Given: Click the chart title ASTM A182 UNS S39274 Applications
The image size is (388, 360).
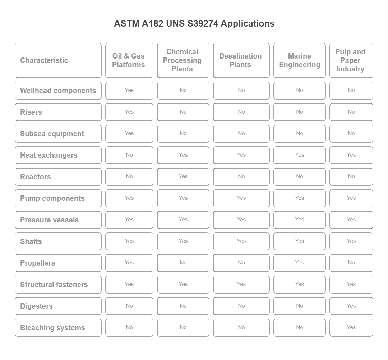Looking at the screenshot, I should coord(194,24).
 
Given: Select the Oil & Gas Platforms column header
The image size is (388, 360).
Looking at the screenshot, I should coord(129,60).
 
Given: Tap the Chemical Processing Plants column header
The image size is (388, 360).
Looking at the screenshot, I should coord(183,60).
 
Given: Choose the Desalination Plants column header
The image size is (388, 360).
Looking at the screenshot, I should coord(241,60).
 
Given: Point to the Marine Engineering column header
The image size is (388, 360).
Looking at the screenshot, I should coord(299,60).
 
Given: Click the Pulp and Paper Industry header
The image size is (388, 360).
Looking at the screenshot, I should coord(351,60).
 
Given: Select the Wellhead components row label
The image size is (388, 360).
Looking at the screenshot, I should coord(58,91).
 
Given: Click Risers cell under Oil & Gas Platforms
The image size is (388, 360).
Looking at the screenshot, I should coord(129,112).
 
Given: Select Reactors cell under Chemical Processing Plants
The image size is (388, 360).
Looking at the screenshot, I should coord(183,176).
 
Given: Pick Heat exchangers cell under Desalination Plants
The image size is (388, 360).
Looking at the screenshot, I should coord(241,155).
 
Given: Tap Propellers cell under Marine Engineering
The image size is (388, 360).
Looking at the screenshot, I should coord(299,263).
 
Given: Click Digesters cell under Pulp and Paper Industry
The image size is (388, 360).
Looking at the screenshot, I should coord(351,306).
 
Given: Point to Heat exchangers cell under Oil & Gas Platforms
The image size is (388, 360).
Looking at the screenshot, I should coord(129,155).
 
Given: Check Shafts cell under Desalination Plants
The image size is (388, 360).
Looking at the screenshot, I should coord(241,241).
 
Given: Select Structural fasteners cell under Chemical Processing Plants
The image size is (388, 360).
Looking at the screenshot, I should coord(183,284).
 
